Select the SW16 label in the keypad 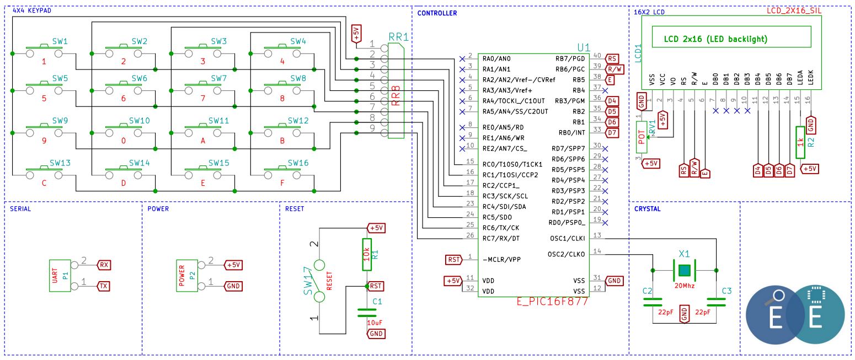tap(298, 163)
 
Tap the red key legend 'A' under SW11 tap(202, 141)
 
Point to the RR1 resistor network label tap(398, 37)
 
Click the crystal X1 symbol tap(685, 270)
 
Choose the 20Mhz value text tap(685, 286)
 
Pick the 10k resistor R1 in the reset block tap(366, 254)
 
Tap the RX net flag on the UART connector tap(104, 265)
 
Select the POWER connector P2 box tap(187, 276)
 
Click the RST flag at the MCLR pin tap(454, 260)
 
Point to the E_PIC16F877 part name tap(552, 301)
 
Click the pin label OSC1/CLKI tap(567, 238)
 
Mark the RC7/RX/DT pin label tap(501, 238)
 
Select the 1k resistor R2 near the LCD tap(800, 142)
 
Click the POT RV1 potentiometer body tap(642, 137)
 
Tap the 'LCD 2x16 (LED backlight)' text tap(715, 39)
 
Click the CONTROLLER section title tap(437, 13)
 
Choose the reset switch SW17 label tap(308, 281)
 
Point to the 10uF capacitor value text tap(375, 323)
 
